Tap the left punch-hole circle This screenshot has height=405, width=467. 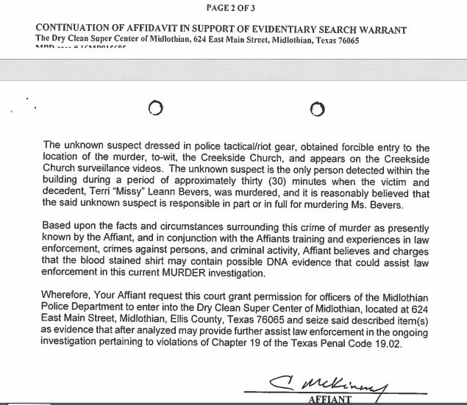(154, 109)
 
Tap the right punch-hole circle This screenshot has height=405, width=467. (317, 109)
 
